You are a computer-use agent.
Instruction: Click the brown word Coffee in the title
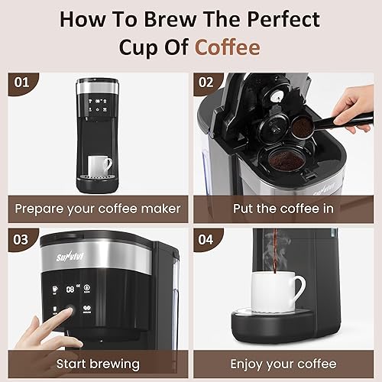[x=227, y=47]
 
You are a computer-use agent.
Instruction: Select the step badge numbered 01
[x=22, y=80]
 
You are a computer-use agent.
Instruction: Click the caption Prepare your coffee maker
[x=99, y=208]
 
